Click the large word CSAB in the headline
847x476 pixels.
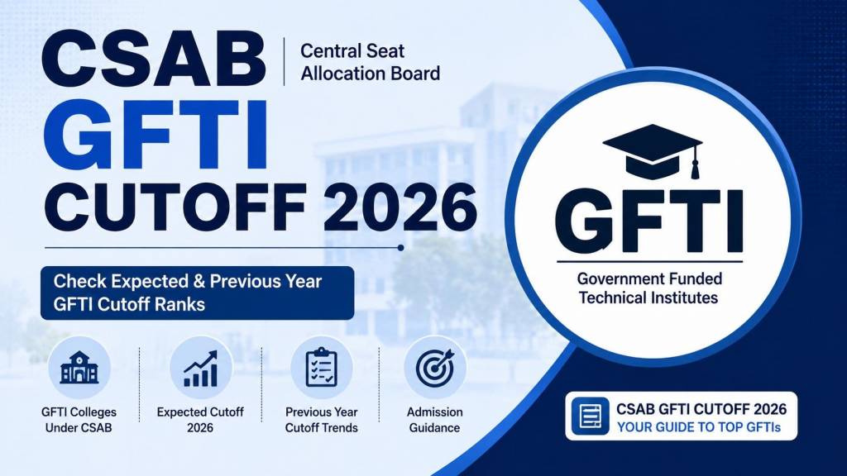tap(153, 59)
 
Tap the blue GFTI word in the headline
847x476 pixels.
tap(155, 135)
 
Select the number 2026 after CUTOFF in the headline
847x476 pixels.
tap(400, 207)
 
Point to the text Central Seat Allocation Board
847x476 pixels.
tap(370, 62)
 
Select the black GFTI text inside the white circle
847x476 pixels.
tap(648, 221)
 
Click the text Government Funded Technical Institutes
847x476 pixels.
tap(648, 288)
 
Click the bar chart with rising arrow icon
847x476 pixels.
tap(201, 369)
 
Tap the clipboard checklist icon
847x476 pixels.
tap(322, 368)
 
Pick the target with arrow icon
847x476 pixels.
tap(435, 368)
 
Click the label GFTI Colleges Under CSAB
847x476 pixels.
tap(79, 420)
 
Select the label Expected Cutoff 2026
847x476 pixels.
tap(200, 420)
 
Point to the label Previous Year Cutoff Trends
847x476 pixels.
tap(322, 420)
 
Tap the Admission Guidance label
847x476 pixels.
tap(435, 420)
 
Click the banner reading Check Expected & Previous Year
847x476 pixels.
tap(198, 293)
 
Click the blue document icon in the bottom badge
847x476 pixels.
tap(590, 416)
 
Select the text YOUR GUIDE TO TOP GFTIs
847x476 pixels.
tap(699, 427)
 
